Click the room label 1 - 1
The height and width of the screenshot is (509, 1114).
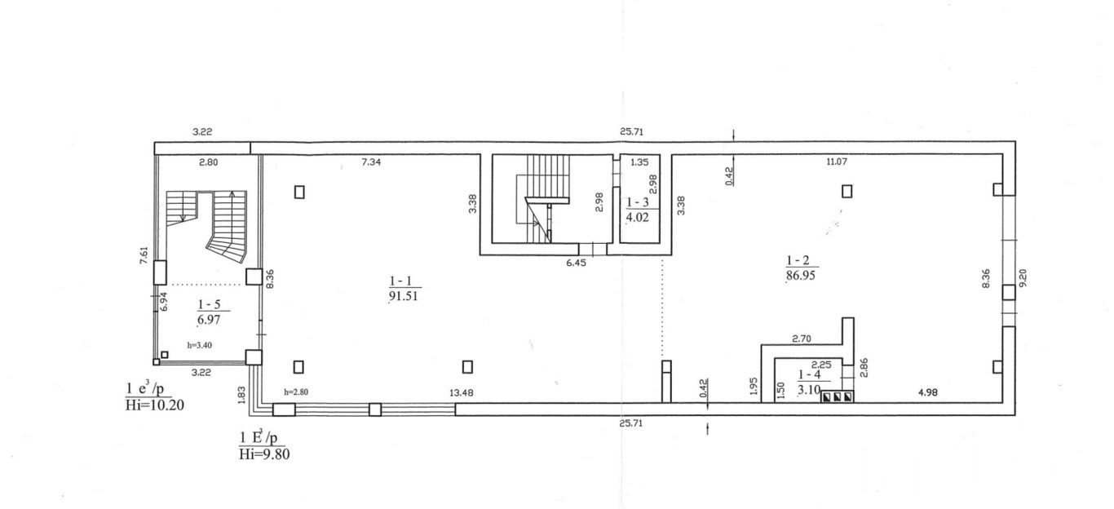(400, 281)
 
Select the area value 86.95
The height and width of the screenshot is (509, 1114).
(801, 275)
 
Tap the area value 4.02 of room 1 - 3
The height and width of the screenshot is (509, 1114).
(638, 217)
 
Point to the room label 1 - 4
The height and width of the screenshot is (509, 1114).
(809, 374)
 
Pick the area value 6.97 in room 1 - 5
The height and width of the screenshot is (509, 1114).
(209, 320)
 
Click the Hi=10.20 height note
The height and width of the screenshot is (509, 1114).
(155, 405)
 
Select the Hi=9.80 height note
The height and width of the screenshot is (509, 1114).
(264, 454)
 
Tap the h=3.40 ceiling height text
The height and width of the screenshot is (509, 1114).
(200, 345)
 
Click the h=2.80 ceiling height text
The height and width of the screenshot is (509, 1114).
(296, 392)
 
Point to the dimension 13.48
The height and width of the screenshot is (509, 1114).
(461, 392)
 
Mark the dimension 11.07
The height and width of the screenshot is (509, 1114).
(837, 162)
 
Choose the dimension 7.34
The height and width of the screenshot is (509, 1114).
(371, 162)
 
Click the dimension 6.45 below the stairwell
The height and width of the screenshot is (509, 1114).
(576, 263)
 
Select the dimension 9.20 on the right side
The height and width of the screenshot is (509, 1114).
(1023, 278)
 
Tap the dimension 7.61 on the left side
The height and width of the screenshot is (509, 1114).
(144, 255)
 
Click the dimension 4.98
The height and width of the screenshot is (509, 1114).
(927, 392)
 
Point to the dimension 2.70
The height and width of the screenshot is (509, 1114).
(801, 339)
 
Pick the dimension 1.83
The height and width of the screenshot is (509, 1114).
(241, 395)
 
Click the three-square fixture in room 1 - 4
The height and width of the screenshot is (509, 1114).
(837, 397)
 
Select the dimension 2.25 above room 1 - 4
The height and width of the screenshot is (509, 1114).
(821, 365)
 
